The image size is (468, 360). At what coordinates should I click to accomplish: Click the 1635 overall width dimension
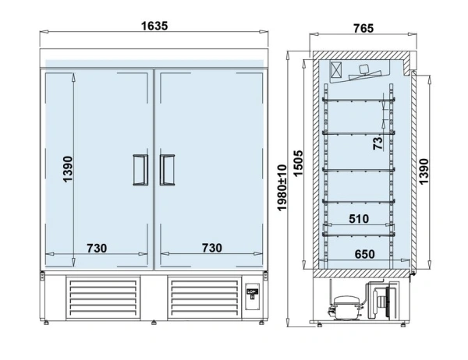(154, 26)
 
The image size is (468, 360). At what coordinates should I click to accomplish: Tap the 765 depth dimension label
(363, 28)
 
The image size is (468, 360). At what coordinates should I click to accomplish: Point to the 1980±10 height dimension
(282, 188)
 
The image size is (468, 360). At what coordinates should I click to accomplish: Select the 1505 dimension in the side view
(298, 164)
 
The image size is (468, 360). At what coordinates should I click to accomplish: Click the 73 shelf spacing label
(378, 143)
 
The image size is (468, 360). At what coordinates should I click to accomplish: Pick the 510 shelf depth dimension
(359, 219)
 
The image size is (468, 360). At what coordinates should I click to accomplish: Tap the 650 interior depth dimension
(365, 254)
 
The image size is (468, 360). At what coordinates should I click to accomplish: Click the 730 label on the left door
(97, 248)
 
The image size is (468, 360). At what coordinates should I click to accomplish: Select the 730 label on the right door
(212, 248)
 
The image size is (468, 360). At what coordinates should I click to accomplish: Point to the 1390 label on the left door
(68, 169)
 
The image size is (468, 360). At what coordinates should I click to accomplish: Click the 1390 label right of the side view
(424, 171)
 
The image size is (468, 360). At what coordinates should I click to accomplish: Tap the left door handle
(140, 170)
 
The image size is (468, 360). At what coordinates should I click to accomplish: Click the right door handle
(168, 170)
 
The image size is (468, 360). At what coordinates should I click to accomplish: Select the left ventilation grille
(103, 298)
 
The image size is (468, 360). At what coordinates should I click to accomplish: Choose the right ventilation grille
(204, 298)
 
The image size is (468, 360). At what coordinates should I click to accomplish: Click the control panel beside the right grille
(252, 296)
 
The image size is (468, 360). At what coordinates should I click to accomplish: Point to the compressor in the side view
(346, 307)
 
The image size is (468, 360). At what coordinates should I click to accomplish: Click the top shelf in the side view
(359, 100)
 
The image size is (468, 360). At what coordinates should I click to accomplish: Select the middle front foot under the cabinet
(154, 323)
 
